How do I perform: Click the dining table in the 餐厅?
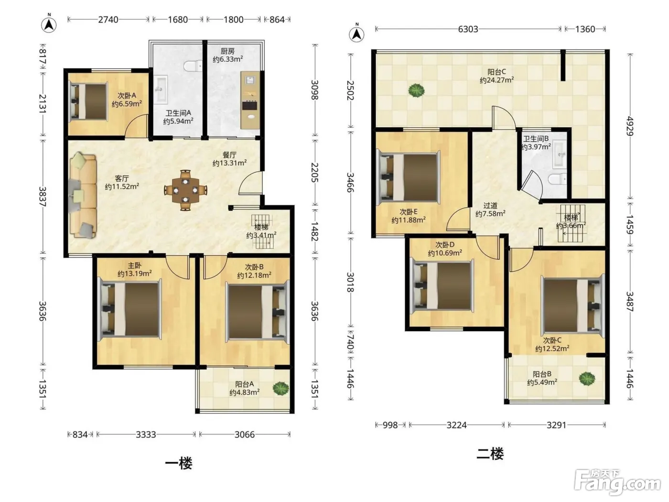click(x=185, y=190)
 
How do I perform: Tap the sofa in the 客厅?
click(x=83, y=196)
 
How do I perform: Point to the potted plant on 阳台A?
click(x=281, y=389)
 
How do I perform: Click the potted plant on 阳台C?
click(x=416, y=90)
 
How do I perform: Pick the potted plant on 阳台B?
click(x=587, y=379)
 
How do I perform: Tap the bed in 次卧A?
click(x=88, y=101)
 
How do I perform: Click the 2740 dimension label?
click(x=108, y=20)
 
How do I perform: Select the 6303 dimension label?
click(x=468, y=29)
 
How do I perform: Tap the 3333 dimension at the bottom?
click(x=146, y=434)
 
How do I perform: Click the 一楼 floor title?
click(x=179, y=464)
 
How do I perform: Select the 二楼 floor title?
click(x=490, y=454)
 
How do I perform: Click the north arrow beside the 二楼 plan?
click(x=356, y=34)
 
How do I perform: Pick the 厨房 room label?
click(x=227, y=51)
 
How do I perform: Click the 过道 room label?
click(x=490, y=206)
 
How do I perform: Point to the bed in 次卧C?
click(x=572, y=306)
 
